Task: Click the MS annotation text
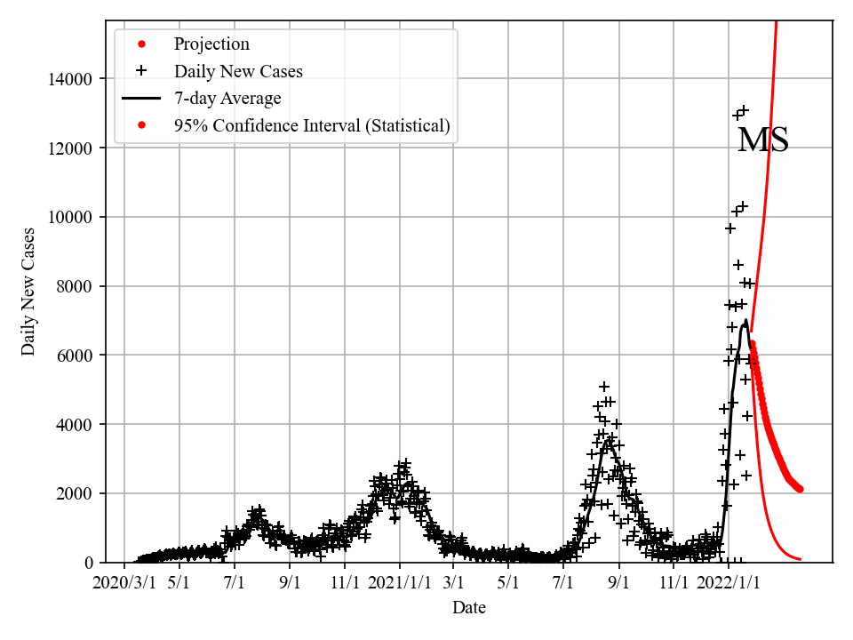point(763,140)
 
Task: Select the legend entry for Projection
point(211,44)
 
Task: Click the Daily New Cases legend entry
point(238,71)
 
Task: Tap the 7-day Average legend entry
point(227,99)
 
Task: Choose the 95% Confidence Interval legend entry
point(312,126)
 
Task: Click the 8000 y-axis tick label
point(77,286)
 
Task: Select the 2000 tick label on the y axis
point(77,493)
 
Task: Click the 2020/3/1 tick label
point(124,582)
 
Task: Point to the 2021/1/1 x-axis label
point(400,582)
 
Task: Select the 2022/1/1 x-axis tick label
point(729,582)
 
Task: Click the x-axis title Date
point(468,608)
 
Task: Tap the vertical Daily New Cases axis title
point(29,291)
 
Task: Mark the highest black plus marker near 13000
point(744,110)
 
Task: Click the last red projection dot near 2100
point(800,489)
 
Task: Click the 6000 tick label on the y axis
point(77,355)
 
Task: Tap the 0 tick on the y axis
point(89,563)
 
